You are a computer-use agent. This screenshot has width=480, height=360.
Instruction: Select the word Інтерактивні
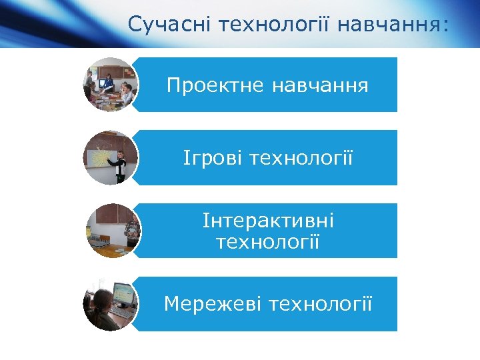[268, 221]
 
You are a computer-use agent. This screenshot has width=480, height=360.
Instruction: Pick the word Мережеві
[213, 304]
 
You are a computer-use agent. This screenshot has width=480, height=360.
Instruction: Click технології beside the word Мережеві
[320, 304]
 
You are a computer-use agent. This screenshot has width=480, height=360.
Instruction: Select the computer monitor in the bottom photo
[121, 293]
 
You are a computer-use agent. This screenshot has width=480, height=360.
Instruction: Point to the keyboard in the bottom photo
[121, 311]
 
